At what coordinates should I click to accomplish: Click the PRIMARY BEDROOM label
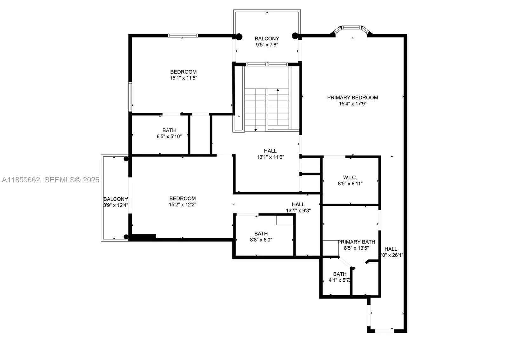(352, 98)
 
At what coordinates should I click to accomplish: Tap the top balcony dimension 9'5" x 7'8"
(267, 45)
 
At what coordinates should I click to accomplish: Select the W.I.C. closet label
(350, 177)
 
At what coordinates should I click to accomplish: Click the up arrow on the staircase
(278, 91)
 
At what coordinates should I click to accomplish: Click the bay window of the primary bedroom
(352, 28)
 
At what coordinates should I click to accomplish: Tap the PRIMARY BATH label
(356, 242)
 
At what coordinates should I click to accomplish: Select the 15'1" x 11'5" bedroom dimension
(183, 78)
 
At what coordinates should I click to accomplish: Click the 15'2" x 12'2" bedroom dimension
(182, 205)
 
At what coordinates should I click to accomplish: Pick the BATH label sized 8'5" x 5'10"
(169, 130)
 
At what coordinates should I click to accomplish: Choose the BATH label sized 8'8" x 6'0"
(261, 234)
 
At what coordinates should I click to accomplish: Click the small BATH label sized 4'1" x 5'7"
(339, 274)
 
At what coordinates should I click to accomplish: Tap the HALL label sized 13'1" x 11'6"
(270, 151)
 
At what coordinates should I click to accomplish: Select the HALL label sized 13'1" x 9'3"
(298, 204)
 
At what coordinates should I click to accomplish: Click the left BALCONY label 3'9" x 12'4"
(116, 199)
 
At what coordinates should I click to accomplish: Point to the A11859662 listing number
(21, 180)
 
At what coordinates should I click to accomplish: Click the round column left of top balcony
(239, 37)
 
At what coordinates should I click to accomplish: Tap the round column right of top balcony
(295, 36)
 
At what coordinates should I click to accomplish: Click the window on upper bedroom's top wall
(183, 36)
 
